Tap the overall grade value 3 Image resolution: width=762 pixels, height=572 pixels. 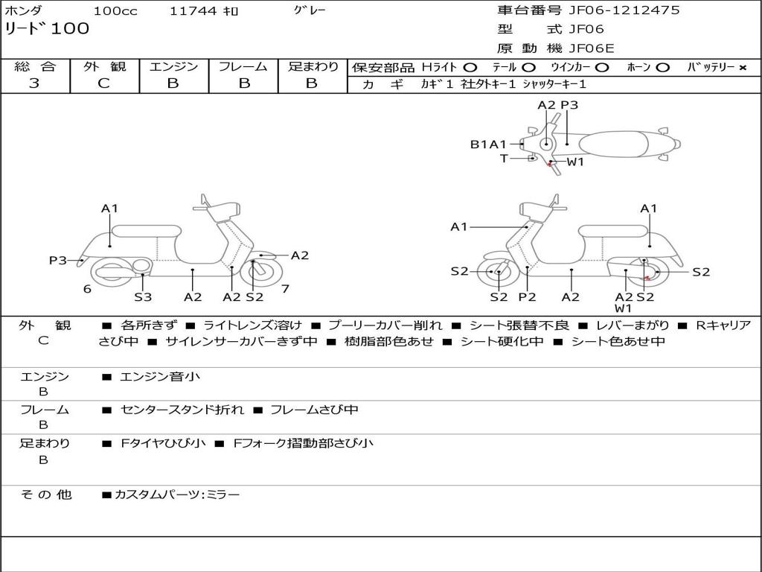(x=34, y=83)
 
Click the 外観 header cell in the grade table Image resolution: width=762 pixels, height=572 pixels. (x=104, y=67)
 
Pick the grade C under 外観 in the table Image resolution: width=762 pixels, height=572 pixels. (x=103, y=83)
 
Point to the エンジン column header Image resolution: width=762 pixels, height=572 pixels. (x=173, y=67)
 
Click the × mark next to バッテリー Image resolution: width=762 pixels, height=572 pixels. (x=742, y=68)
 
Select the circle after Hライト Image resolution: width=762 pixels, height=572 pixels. (x=470, y=68)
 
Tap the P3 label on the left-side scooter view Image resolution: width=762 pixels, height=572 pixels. (x=58, y=260)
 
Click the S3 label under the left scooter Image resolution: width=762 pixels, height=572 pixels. (x=143, y=297)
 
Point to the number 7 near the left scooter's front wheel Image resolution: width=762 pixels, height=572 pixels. (x=285, y=288)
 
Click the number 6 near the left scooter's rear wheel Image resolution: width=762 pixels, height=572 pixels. (x=87, y=289)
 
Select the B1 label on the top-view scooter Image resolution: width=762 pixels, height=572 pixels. (x=478, y=144)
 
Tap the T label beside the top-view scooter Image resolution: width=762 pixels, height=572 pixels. (x=504, y=159)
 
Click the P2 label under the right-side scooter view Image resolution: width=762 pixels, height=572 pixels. (x=527, y=297)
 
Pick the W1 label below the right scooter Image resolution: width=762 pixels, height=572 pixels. (x=623, y=308)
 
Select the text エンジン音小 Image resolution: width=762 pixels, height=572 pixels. (x=161, y=377)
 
